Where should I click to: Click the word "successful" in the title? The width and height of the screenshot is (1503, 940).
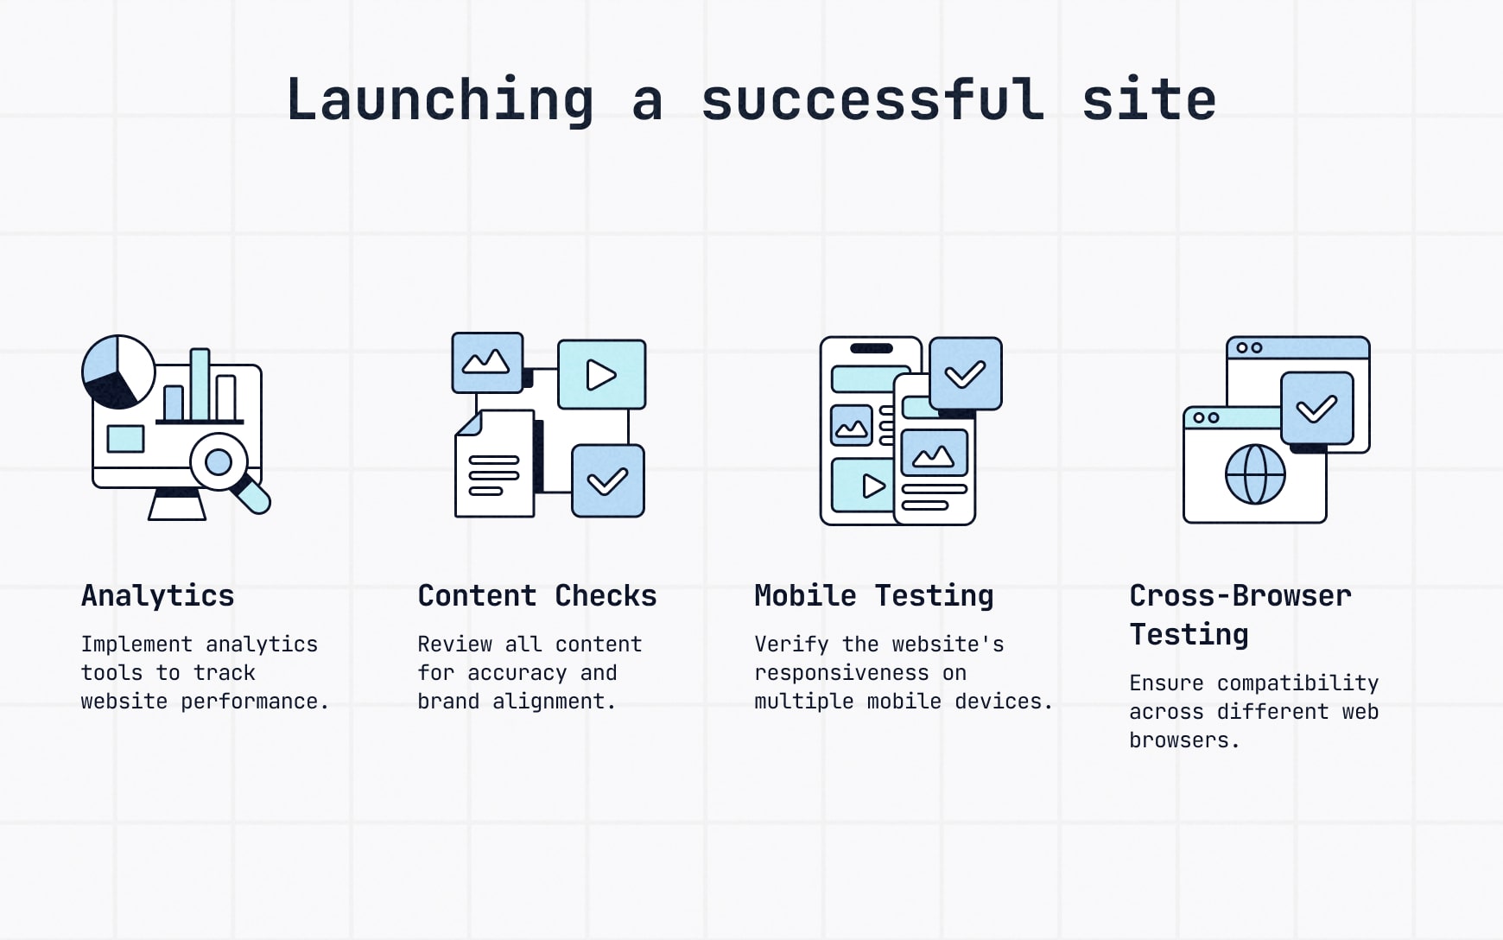(872, 99)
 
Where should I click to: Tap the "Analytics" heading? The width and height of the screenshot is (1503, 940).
(158, 596)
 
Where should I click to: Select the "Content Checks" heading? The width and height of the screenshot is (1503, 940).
(537, 595)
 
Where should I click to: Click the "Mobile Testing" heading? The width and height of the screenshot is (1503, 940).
(874, 596)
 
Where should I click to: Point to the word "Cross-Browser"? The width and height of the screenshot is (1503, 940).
(1240, 595)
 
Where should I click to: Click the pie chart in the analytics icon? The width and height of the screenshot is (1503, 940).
(118, 372)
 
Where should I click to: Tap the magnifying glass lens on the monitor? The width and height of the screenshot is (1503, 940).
(219, 462)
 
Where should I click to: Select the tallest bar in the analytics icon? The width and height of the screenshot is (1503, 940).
(200, 385)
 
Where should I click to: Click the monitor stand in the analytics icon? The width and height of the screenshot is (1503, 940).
(177, 504)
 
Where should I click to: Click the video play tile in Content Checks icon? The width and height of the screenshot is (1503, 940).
(602, 374)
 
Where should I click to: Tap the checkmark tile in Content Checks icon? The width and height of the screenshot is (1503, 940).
(608, 481)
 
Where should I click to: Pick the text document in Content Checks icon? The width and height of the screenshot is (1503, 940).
(495, 464)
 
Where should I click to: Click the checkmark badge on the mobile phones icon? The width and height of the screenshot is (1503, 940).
(966, 373)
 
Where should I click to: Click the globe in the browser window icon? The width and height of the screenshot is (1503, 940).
(1255, 474)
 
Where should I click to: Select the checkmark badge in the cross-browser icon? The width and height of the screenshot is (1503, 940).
(1317, 409)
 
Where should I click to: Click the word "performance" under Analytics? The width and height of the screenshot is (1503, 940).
(250, 702)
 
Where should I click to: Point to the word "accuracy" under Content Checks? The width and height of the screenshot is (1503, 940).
(517, 673)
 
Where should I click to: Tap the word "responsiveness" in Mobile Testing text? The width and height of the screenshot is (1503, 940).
(841, 673)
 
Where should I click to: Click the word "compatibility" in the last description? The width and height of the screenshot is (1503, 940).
(1297, 683)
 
